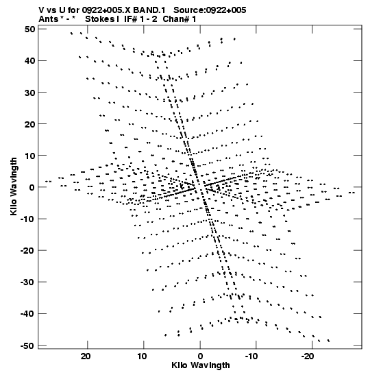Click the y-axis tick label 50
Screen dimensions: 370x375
(29, 29)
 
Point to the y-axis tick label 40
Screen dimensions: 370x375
(29, 61)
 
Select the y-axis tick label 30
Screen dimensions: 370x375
(29, 93)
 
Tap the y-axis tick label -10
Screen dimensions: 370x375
(27, 219)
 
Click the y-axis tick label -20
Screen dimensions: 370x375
(27, 250)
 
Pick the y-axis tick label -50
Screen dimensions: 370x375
(27, 346)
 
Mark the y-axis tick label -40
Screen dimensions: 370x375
(27, 313)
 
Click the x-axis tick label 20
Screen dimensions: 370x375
(86, 356)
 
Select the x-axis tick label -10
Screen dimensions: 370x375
(251, 356)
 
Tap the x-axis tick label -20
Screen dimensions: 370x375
(308, 356)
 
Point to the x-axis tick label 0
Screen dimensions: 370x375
(200, 356)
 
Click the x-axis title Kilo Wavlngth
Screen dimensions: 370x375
(201, 365)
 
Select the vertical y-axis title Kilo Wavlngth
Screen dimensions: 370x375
(14, 186)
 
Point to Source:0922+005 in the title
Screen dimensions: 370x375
(210, 10)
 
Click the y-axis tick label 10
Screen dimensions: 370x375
(29, 156)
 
